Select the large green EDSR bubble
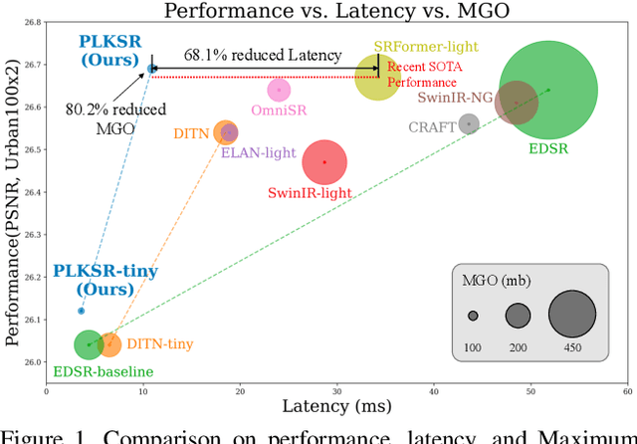point(547,90)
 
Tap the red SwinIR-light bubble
point(322,161)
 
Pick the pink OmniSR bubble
point(280,90)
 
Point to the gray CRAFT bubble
point(469,124)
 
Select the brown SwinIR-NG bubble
point(516,103)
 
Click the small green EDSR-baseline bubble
point(89,344)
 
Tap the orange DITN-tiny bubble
point(108,344)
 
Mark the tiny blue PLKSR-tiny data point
point(82,311)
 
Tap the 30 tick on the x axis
point(337,391)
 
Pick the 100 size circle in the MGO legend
point(473,316)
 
